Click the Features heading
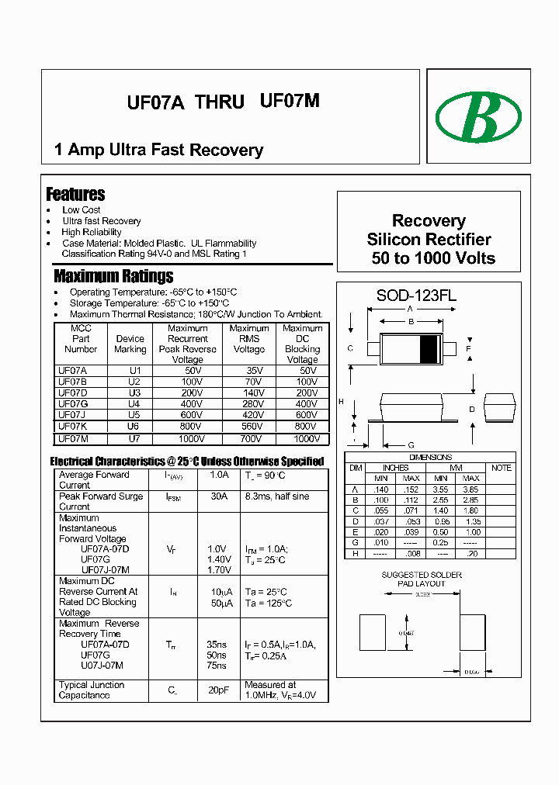pyautogui.click(x=75, y=194)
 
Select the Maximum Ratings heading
pyautogui.click(x=113, y=276)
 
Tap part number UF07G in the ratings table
pyautogui.click(x=73, y=404)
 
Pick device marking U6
pyautogui.click(x=134, y=427)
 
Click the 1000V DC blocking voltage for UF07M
pyautogui.click(x=306, y=438)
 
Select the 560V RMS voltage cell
pyautogui.click(x=250, y=427)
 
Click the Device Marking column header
pyautogui.click(x=130, y=344)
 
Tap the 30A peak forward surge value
pyautogui.click(x=219, y=496)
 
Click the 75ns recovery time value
pyautogui.click(x=217, y=666)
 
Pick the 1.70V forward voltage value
pyautogui.click(x=219, y=570)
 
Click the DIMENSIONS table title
pyautogui.click(x=430, y=458)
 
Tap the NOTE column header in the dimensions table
pyautogui.click(x=502, y=468)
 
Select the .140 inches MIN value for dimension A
pyautogui.click(x=380, y=489)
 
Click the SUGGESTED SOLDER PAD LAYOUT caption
pyautogui.click(x=422, y=579)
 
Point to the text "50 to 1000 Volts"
pyautogui.click(x=433, y=258)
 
